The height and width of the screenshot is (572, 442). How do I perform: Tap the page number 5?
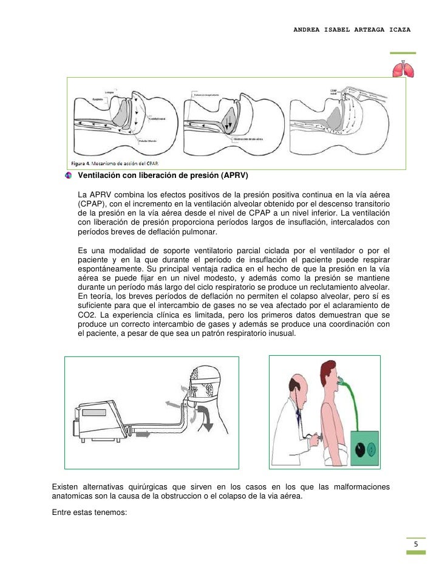pyautogui.click(x=415, y=543)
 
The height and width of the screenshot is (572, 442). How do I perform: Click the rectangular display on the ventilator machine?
pyautogui.click(x=96, y=413)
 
